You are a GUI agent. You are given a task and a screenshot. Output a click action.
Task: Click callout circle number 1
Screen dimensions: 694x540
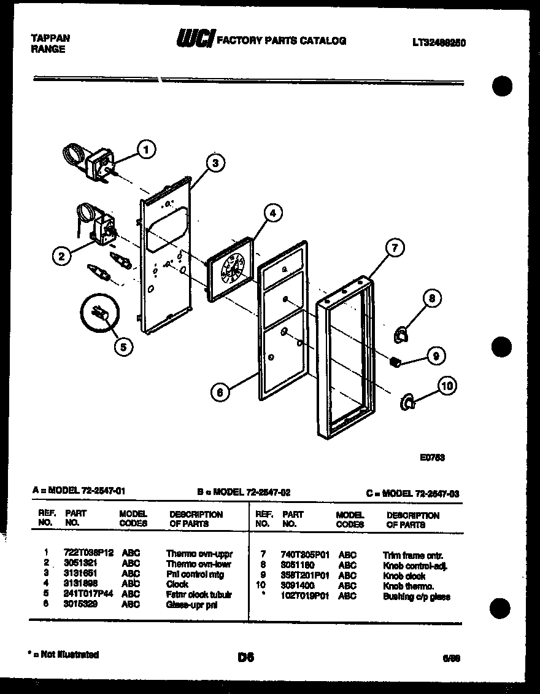[146, 149]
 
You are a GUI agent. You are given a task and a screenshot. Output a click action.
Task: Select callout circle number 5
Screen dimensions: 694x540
[123, 346]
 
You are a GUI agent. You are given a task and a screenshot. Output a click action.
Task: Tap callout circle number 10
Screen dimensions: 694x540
[447, 386]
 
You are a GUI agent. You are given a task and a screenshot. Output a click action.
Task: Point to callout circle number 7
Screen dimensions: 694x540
[395, 248]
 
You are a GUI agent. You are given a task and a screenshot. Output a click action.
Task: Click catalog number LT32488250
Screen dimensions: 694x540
[439, 43]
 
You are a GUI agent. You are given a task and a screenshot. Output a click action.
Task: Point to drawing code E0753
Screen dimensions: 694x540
[432, 457]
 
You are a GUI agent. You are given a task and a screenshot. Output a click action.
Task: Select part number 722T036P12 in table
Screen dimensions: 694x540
[89, 553]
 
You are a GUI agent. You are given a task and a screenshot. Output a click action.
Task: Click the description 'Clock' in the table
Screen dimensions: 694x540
[177, 584]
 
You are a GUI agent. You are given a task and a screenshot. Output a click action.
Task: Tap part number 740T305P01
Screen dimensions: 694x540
[305, 555]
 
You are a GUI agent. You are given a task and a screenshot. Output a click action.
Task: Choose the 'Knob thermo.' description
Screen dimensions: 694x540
[408, 586]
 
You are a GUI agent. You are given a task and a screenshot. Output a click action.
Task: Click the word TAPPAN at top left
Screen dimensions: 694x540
[50, 38]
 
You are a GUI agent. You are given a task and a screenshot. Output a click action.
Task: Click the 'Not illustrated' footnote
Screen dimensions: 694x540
[64, 655]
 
